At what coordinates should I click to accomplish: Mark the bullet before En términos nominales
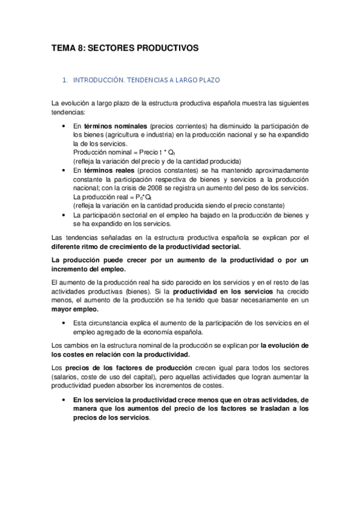tap(64, 126)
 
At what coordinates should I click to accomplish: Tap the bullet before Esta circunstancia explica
tap(64, 324)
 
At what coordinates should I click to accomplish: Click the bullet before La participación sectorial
tap(64, 215)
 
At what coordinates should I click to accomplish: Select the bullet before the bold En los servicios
tap(64, 399)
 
